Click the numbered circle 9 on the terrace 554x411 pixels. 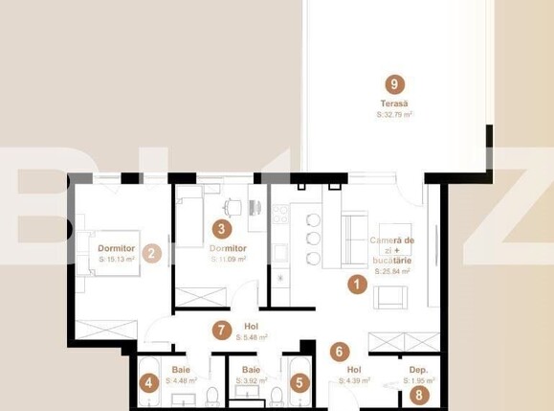tap(388, 82)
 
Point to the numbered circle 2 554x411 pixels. tap(150, 254)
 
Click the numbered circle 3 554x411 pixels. tap(222, 229)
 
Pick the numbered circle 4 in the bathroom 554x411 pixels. tap(148, 383)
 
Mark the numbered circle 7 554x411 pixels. tap(222, 331)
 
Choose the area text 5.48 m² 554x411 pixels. tap(251, 337)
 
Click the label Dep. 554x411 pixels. tap(418, 369)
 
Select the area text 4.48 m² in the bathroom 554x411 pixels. tap(182, 380)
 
